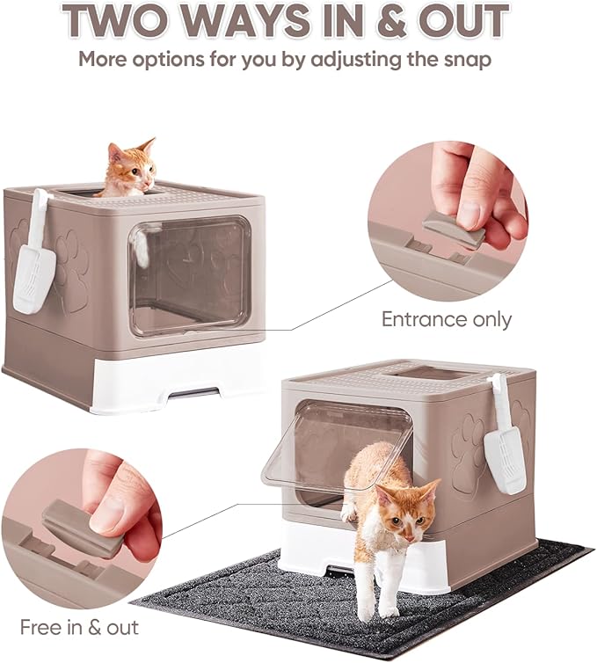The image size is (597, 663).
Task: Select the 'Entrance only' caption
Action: tap(446, 319)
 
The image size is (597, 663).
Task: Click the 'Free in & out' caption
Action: tap(79, 627)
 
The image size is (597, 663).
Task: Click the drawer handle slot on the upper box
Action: tap(193, 392)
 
